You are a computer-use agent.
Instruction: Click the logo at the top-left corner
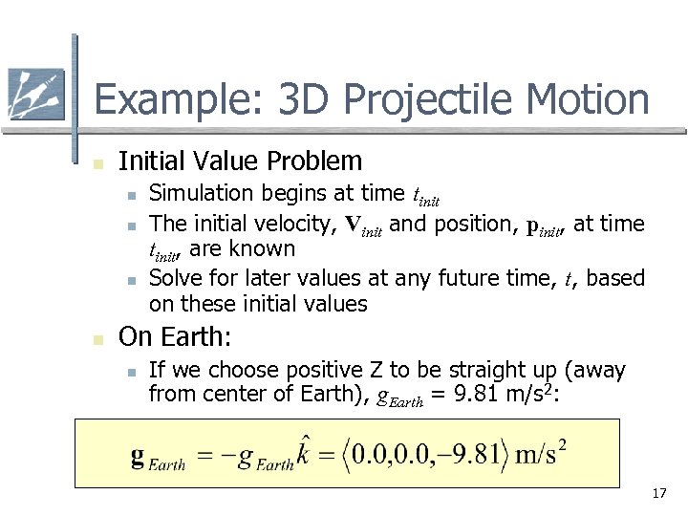point(35,95)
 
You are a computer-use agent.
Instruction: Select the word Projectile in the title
point(412,99)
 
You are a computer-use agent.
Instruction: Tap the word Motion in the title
point(587,99)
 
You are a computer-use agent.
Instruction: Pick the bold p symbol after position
point(532,226)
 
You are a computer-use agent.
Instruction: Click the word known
point(266,249)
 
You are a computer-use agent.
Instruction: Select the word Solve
point(174,278)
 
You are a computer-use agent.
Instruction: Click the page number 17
point(657,494)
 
